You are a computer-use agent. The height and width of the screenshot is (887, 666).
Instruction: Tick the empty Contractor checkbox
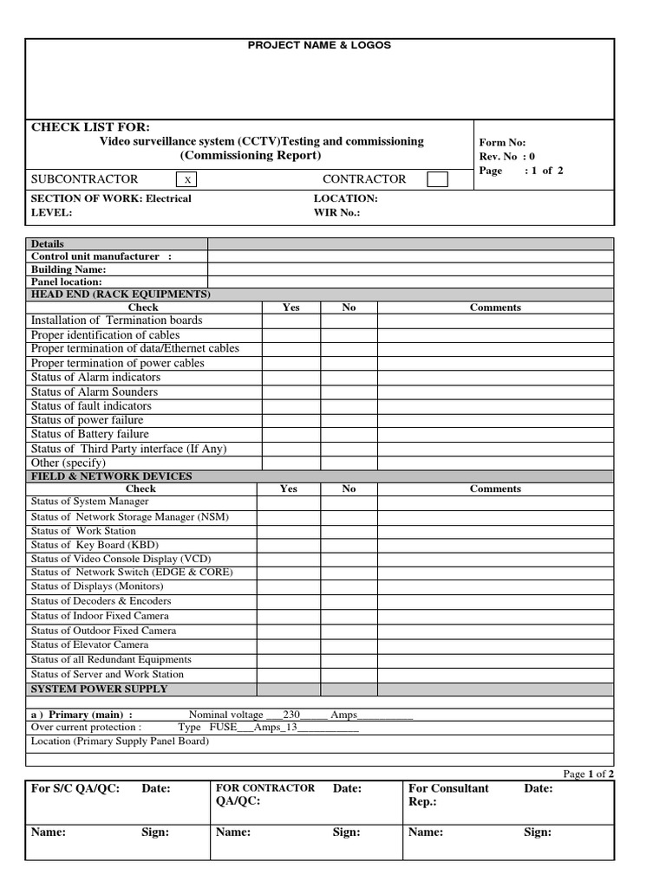click(x=438, y=179)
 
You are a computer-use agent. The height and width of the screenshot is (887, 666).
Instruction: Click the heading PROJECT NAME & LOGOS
click(x=319, y=45)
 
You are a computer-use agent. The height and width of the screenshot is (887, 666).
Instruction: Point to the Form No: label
click(x=502, y=143)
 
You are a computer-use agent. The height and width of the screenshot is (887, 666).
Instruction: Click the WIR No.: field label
click(x=336, y=212)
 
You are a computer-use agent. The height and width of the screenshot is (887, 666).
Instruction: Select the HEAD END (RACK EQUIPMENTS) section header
click(x=121, y=295)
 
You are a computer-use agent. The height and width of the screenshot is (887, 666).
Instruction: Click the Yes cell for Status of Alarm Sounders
click(x=291, y=392)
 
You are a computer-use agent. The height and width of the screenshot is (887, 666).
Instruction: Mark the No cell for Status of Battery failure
click(x=349, y=434)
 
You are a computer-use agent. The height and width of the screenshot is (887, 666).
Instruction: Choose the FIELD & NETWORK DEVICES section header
click(x=112, y=476)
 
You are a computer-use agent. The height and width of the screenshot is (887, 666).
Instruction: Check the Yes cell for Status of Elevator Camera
click(x=289, y=645)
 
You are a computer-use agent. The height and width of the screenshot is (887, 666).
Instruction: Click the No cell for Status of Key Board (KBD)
click(x=349, y=545)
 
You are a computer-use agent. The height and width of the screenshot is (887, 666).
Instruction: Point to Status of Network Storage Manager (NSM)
click(x=130, y=517)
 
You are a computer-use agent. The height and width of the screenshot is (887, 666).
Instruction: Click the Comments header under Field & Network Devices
click(x=495, y=489)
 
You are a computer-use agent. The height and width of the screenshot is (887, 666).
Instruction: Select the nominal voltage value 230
click(x=291, y=715)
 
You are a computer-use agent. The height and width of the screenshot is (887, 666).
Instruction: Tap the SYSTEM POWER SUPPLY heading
click(x=100, y=690)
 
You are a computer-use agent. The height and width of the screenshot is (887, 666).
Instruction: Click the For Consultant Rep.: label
click(x=448, y=794)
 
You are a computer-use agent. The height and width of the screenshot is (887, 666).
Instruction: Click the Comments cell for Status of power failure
click(x=495, y=420)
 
